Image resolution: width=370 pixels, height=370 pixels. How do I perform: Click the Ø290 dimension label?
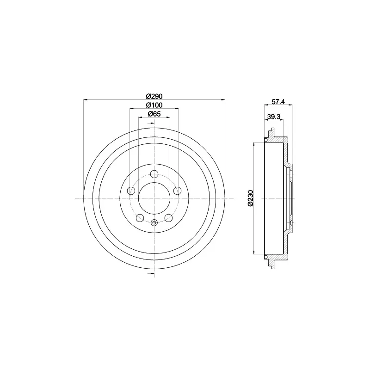(154, 96)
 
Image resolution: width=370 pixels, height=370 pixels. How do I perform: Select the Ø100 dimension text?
(154, 105)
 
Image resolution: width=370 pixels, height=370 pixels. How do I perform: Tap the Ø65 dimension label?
(154, 114)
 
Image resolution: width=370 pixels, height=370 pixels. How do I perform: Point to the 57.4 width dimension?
(278, 102)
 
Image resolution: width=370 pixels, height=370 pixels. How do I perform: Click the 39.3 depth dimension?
(274, 117)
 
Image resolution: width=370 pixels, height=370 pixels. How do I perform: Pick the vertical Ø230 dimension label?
(250, 198)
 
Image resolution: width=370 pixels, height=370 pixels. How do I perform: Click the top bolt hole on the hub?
(154, 174)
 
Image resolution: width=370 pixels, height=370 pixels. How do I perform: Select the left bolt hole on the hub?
(131, 191)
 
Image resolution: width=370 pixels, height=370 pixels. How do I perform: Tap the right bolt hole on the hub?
(177, 191)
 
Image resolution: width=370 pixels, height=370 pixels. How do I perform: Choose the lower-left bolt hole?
(140, 218)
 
